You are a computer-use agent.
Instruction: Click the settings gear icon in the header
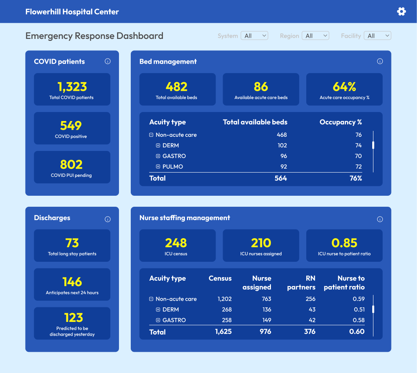pos(401,11)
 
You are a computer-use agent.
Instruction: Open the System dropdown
pos(254,36)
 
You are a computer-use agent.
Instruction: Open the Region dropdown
pos(315,36)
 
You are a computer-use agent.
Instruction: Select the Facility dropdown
pos(377,36)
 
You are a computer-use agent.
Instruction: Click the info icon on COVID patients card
pos(108,61)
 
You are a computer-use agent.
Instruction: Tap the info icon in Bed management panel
pos(380,61)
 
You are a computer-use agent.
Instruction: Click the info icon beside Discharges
pos(108,219)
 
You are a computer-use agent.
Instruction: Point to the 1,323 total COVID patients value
pos(72,87)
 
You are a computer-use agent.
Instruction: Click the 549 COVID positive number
pos(71,126)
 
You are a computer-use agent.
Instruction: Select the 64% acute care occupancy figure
pos(344,87)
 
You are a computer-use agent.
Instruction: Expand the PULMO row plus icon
pos(158,167)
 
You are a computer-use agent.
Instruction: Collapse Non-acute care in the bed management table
pos(151,135)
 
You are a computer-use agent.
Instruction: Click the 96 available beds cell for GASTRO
pos(283,156)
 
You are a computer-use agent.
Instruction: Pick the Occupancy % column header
pos(340,122)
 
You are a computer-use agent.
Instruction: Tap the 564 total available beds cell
pos(280,178)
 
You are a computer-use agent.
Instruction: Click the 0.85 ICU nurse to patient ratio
pos(344,243)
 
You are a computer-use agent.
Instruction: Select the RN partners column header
pos(301,283)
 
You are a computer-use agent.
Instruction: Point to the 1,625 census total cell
pos(223,332)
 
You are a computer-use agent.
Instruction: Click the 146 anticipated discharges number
pos(72,282)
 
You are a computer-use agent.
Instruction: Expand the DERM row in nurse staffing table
pos(158,310)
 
